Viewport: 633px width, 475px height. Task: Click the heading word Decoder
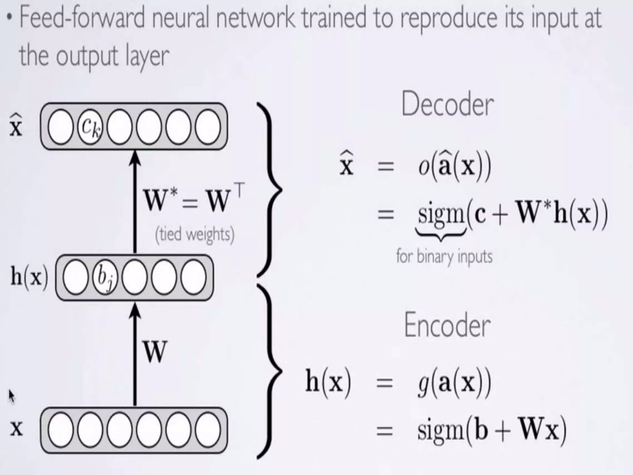(447, 105)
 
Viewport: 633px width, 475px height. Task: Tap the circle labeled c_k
(90, 127)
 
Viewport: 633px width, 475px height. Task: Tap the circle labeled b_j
(105, 277)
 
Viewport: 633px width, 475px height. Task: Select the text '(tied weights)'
(195, 234)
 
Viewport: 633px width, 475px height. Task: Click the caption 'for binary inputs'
(444, 257)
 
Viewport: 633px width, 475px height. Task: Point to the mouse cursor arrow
(11, 396)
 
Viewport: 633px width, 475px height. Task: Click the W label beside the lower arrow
(155, 352)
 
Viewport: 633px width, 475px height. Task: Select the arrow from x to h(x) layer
(135, 356)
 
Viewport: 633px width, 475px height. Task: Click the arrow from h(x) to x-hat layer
(135, 201)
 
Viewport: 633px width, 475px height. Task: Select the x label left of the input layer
(16, 429)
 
